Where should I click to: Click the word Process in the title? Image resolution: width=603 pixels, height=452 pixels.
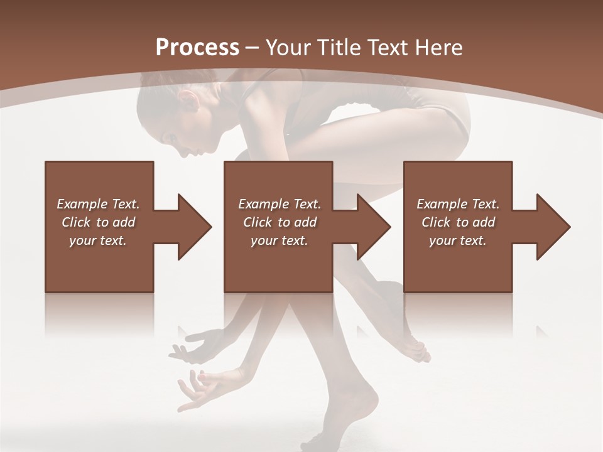[197, 48]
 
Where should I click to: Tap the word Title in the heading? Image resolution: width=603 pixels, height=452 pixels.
[337, 48]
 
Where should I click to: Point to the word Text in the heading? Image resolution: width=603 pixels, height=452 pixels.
[388, 48]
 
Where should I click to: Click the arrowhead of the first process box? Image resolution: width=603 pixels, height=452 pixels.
[194, 227]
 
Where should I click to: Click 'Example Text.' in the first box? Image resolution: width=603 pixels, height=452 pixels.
[98, 204]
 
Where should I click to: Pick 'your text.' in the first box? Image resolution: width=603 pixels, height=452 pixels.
[98, 240]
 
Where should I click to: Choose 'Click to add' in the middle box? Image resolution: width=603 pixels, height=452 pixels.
[280, 222]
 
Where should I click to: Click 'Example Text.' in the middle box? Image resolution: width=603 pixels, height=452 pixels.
[280, 204]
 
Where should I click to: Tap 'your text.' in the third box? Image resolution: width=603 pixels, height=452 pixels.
[458, 240]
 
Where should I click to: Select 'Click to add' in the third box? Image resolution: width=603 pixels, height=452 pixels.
[458, 222]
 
